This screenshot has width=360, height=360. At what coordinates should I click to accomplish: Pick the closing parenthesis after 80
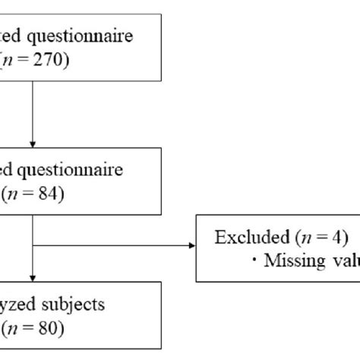(x=62, y=330)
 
